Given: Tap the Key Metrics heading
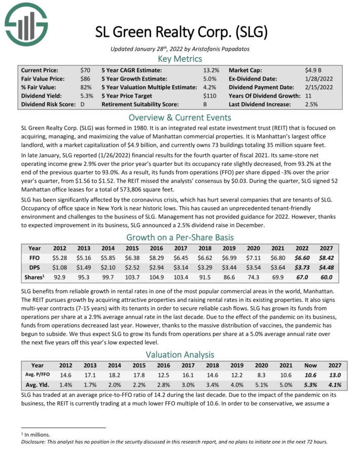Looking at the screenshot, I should point(180,59).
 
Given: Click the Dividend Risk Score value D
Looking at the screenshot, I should point(83,104).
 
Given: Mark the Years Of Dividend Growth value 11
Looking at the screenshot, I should point(308,96).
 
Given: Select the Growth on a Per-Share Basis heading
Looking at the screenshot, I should point(180,237).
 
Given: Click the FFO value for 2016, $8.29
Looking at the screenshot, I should point(156,258).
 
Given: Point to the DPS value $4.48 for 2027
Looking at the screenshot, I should point(326,268).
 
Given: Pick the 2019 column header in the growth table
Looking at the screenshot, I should point(230,248).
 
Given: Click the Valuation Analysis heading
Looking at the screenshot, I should point(180,354).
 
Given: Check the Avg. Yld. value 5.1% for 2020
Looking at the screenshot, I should point(254,385).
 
